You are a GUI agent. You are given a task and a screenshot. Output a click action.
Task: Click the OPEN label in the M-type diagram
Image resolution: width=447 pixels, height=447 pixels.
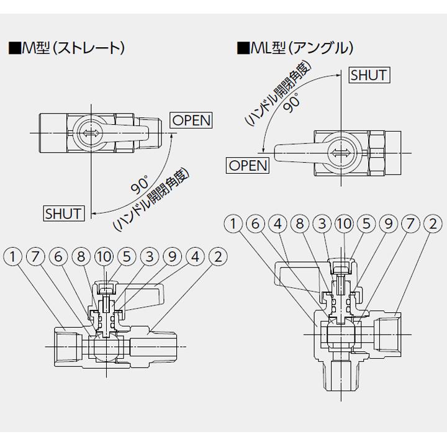tap(191, 120)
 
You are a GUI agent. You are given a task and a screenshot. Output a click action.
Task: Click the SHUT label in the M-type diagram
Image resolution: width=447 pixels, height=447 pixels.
tap(63, 213)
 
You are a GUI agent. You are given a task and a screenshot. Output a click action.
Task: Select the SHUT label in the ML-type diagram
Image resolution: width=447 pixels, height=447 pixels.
tap(369, 75)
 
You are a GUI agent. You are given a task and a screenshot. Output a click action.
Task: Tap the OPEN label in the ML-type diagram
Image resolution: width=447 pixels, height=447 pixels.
tap(248, 165)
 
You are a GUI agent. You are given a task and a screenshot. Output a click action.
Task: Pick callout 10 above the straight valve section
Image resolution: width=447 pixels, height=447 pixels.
tap(104, 255)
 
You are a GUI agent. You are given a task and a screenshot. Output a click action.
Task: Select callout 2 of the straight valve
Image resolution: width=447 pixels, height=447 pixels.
tap(217, 255)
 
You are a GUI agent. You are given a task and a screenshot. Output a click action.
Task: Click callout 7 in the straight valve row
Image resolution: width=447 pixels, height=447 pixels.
tap(35, 255)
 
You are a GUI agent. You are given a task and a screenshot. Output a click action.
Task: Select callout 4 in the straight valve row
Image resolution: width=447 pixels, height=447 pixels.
tap(194, 255)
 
